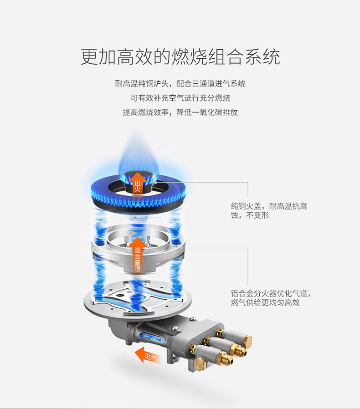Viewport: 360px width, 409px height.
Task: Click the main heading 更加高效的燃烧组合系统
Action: [x=180, y=56]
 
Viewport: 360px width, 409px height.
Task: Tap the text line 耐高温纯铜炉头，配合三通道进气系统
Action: [x=180, y=83]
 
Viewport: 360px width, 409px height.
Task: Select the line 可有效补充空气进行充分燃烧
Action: [x=180, y=98]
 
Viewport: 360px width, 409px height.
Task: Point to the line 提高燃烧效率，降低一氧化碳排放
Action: [x=180, y=112]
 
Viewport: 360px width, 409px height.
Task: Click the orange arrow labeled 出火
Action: [x=137, y=183]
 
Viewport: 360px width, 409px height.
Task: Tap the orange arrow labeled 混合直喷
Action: [x=137, y=256]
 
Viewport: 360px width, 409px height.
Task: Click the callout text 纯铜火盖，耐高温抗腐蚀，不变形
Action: [x=269, y=211]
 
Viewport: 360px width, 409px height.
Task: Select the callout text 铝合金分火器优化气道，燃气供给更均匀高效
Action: [x=271, y=298]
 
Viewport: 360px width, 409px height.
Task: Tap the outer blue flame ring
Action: [x=138, y=193]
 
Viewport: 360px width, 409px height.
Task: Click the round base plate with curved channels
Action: [x=138, y=300]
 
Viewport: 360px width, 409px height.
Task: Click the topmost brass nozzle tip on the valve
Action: [x=247, y=342]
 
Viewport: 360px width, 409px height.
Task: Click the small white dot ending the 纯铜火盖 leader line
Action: [x=155, y=183]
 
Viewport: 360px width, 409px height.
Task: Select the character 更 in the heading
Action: [x=89, y=56]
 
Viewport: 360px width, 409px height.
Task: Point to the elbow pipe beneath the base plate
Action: [x=119, y=331]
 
